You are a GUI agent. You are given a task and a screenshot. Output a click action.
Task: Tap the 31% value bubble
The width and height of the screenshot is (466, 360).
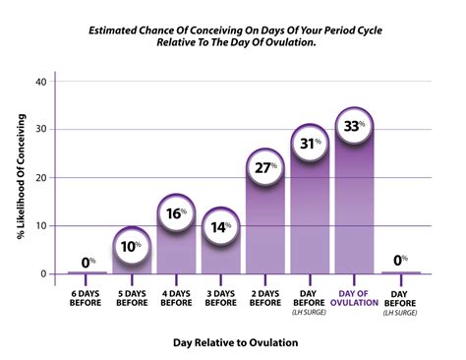click(309, 144)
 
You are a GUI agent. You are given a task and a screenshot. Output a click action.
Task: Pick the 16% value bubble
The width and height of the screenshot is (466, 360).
click(177, 213)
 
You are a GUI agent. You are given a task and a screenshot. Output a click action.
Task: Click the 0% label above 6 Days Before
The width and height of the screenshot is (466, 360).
click(88, 263)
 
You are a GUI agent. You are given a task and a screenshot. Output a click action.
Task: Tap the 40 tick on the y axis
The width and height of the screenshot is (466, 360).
click(40, 82)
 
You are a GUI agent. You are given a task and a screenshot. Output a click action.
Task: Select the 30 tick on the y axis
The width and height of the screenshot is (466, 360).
click(40, 130)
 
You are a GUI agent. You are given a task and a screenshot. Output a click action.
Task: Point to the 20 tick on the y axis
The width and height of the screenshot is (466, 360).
click(40, 178)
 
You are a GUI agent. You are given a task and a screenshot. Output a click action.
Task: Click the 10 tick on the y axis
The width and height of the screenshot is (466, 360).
click(40, 226)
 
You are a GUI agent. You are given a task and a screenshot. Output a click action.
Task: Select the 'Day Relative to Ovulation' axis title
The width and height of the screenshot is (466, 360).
click(235, 342)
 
